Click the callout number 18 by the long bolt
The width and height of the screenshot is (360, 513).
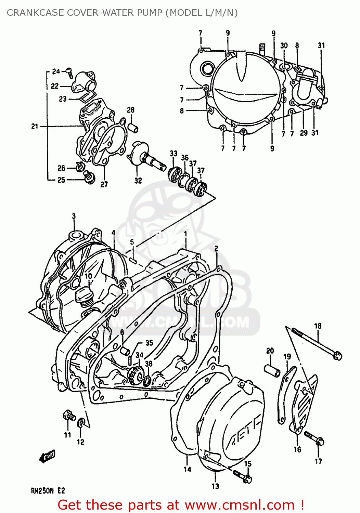click(318, 326)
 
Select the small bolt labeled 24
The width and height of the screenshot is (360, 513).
click(69, 72)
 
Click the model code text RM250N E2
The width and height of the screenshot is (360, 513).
click(48, 491)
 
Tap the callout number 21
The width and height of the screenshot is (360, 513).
click(35, 127)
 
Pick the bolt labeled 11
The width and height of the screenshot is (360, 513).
click(69, 416)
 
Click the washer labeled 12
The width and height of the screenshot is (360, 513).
click(81, 423)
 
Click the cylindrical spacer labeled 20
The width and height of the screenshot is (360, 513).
click(272, 370)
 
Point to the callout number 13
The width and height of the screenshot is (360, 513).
click(215, 486)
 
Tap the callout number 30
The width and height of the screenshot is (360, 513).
click(284, 45)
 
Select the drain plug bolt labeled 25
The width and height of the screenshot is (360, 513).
click(89, 177)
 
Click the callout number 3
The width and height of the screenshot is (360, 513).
click(74, 216)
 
